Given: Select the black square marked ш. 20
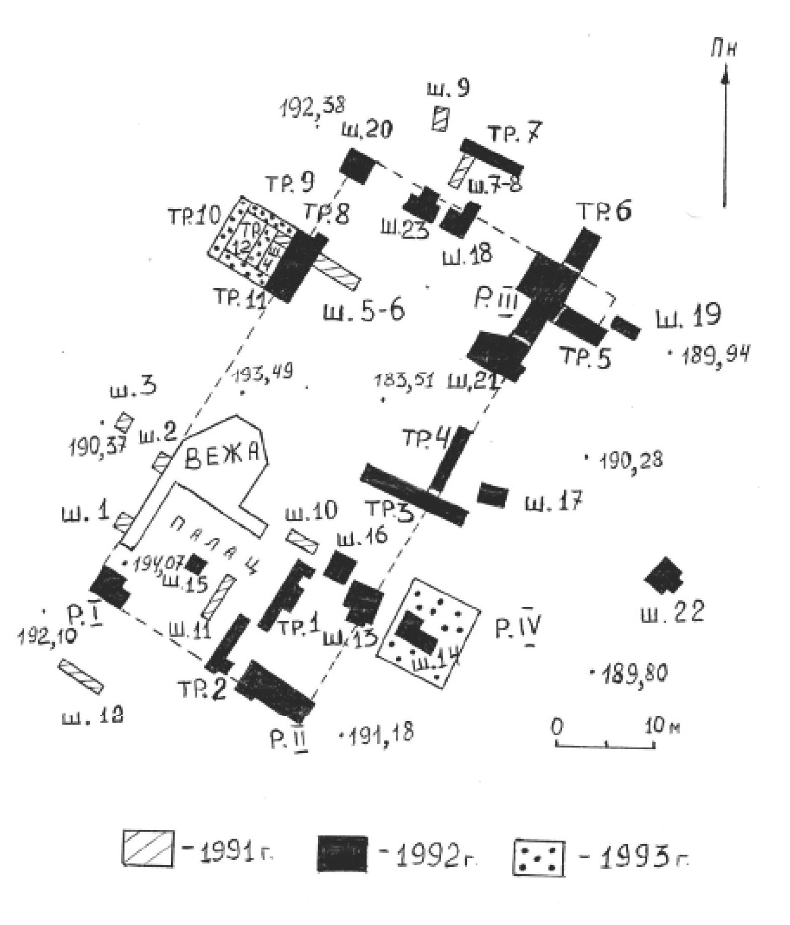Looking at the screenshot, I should [x=358, y=165].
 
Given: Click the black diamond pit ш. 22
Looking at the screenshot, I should [x=665, y=577].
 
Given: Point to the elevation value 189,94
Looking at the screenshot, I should [x=715, y=356].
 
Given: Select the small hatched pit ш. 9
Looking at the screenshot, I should [x=441, y=120].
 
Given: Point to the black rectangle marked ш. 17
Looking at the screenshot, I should [x=492, y=495].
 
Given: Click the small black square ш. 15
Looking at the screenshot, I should [x=195, y=564].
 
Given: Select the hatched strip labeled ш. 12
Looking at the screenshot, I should [x=81, y=676].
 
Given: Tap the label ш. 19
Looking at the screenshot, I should [x=688, y=316].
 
